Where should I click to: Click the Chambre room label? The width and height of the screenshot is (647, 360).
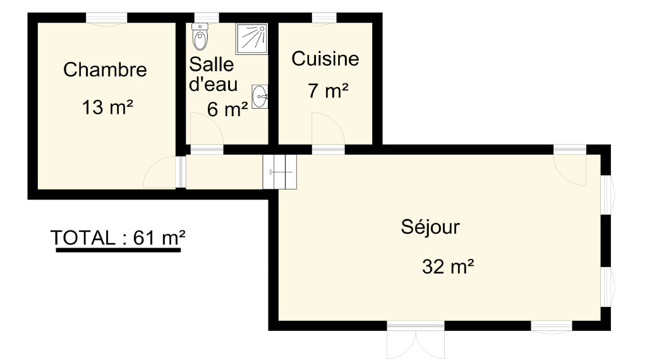coord(105,69)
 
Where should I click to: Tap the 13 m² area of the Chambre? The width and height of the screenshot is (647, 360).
coord(107,107)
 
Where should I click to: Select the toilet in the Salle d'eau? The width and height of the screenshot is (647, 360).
coord(200,36)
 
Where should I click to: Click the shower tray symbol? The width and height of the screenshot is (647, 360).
coord(251,39)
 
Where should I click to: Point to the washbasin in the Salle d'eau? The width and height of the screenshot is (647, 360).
coord(260,97)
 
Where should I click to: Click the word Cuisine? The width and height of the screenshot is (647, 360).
coord(325,59)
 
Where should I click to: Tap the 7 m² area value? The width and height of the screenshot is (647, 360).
coord(328,91)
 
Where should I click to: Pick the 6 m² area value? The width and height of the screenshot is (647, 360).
coord(227,109)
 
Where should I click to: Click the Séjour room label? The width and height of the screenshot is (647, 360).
coord(430,227)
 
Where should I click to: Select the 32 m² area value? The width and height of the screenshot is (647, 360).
coord(448,267)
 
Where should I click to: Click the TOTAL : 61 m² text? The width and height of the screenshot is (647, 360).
coord(118,238)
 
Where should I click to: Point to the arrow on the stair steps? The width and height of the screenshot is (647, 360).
coord(280,172)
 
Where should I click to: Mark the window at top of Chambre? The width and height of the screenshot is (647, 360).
coord(106,18)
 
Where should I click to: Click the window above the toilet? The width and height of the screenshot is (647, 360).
coord(207,18)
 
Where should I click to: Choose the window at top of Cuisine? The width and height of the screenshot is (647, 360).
coord(324,18)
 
